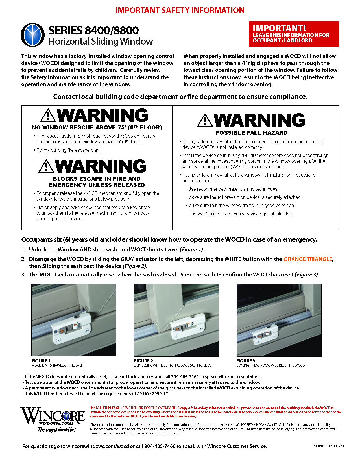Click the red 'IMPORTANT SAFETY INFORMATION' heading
180,10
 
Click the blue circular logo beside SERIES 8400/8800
32,35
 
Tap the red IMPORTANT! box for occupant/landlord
294,34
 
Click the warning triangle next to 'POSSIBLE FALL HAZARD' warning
205,120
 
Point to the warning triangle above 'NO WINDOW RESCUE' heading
48,115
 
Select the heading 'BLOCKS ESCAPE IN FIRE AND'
97,179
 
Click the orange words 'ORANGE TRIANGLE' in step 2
307,259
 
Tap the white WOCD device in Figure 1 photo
72,329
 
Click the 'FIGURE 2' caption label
143,361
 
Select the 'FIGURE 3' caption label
246,361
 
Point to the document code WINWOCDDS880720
328,446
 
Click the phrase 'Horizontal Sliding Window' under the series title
101,42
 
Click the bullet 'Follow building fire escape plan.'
68,150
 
